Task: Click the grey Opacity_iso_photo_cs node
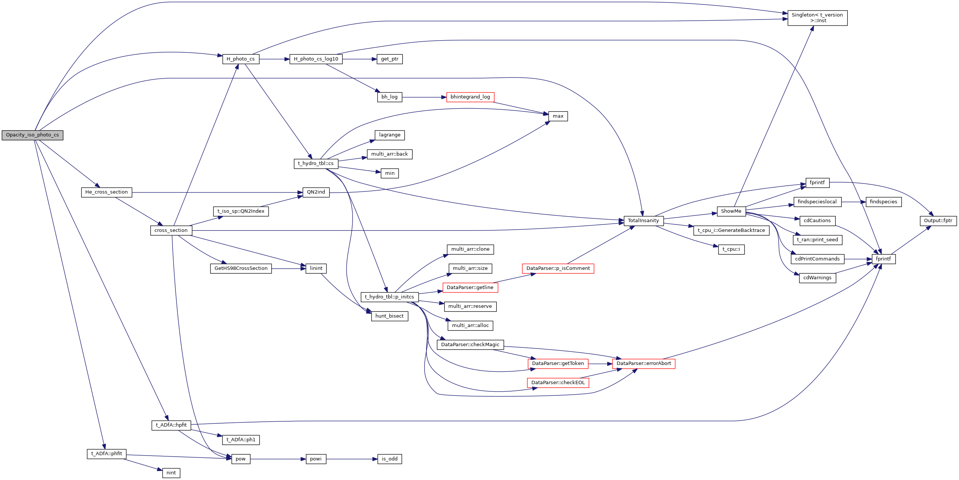tap(32, 135)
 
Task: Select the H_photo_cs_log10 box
tap(316, 59)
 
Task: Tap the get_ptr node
tap(389, 59)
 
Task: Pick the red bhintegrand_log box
tap(470, 97)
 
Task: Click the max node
tap(558, 116)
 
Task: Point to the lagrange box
tap(389, 135)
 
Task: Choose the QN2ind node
tap(316, 192)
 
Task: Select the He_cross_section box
tap(106, 192)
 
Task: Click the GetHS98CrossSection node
tap(241, 268)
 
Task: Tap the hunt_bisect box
tap(389, 316)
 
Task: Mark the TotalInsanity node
tap(643, 221)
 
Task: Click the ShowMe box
tap(731, 211)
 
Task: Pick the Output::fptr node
tap(938, 221)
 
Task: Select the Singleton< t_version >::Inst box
tap(817, 18)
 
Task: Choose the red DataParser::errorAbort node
tap(643, 363)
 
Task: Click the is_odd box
tap(389, 459)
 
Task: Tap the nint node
tap(171, 473)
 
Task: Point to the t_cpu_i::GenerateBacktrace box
tap(731, 230)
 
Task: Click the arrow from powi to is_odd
tap(351, 459)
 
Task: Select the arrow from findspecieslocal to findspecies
tap(853, 202)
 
